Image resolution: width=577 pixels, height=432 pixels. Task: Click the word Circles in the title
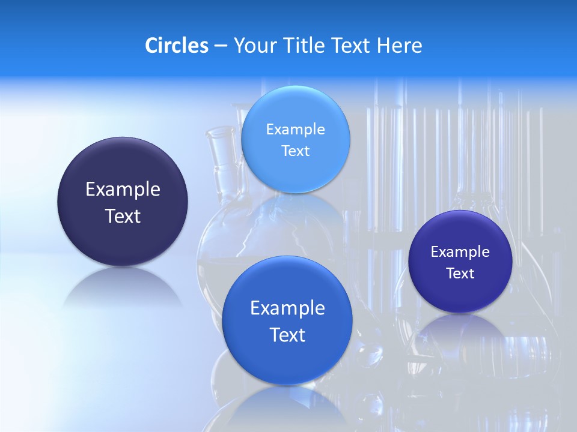[x=177, y=46]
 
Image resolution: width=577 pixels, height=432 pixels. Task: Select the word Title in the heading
[x=304, y=46]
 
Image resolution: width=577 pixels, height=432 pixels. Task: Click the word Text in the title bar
[x=351, y=46]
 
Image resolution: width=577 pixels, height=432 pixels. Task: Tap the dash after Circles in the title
[x=221, y=46]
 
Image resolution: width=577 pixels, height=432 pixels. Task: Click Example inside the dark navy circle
[x=123, y=190]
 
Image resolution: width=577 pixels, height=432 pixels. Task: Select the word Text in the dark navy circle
[x=123, y=216]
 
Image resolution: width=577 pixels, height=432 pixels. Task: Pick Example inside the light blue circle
[x=295, y=129]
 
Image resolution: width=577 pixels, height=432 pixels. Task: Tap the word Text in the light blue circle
[x=295, y=151]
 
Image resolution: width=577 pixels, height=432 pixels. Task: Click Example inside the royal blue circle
[x=287, y=308]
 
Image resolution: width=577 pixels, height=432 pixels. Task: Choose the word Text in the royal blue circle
[x=287, y=335]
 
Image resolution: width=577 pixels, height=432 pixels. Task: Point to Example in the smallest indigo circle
[x=460, y=252]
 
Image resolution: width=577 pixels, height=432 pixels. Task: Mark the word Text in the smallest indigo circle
[x=460, y=274]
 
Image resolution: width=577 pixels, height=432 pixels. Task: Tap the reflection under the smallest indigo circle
[x=460, y=330]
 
